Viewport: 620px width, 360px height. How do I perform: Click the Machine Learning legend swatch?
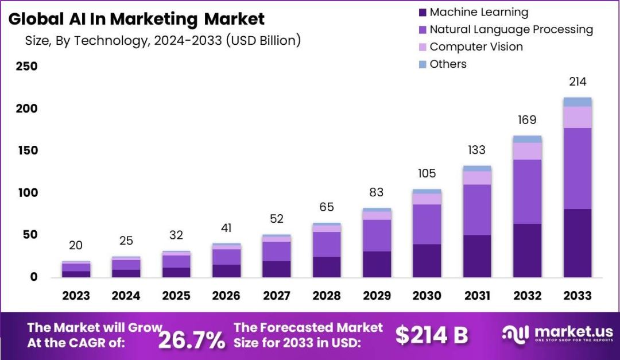tap(423, 13)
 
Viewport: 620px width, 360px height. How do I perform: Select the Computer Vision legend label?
tap(476, 47)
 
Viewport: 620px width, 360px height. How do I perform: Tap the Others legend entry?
tap(443, 64)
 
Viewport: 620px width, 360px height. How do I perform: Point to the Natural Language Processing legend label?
tap(511, 29)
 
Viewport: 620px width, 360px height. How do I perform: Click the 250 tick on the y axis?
tap(27, 66)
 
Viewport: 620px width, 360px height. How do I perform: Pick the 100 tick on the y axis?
tap(28, 193)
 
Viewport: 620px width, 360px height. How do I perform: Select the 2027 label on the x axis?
tap(276, 296)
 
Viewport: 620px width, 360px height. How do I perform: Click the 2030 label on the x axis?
tap(427, 296)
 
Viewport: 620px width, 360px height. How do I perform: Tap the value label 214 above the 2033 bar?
tap(578, 82)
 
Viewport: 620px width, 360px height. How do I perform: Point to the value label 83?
tap(377, 192)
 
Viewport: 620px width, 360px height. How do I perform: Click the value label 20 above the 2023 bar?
tap(76, 245)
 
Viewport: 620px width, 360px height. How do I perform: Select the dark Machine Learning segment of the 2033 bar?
tap(578, 243)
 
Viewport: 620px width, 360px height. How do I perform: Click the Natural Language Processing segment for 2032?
tap(527, 192)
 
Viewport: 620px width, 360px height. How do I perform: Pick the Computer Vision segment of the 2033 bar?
tap(578, 117)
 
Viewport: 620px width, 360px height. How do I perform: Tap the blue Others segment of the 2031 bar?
tap(477, 169)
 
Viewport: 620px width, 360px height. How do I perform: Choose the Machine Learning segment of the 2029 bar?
tap(377, 264)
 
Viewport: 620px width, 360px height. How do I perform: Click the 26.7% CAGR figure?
tap(192, 339)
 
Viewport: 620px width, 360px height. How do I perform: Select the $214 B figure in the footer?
tap(432, 335)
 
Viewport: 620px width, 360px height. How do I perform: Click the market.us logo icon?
tap(515, 334)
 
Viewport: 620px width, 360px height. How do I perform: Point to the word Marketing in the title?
tap(153, 19)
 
